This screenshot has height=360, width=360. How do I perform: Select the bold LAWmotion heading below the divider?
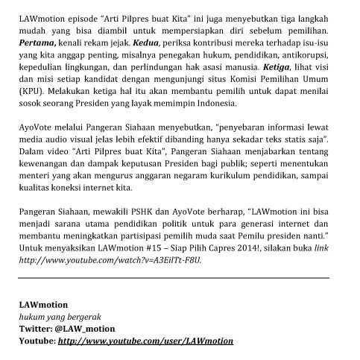coord(43,305)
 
